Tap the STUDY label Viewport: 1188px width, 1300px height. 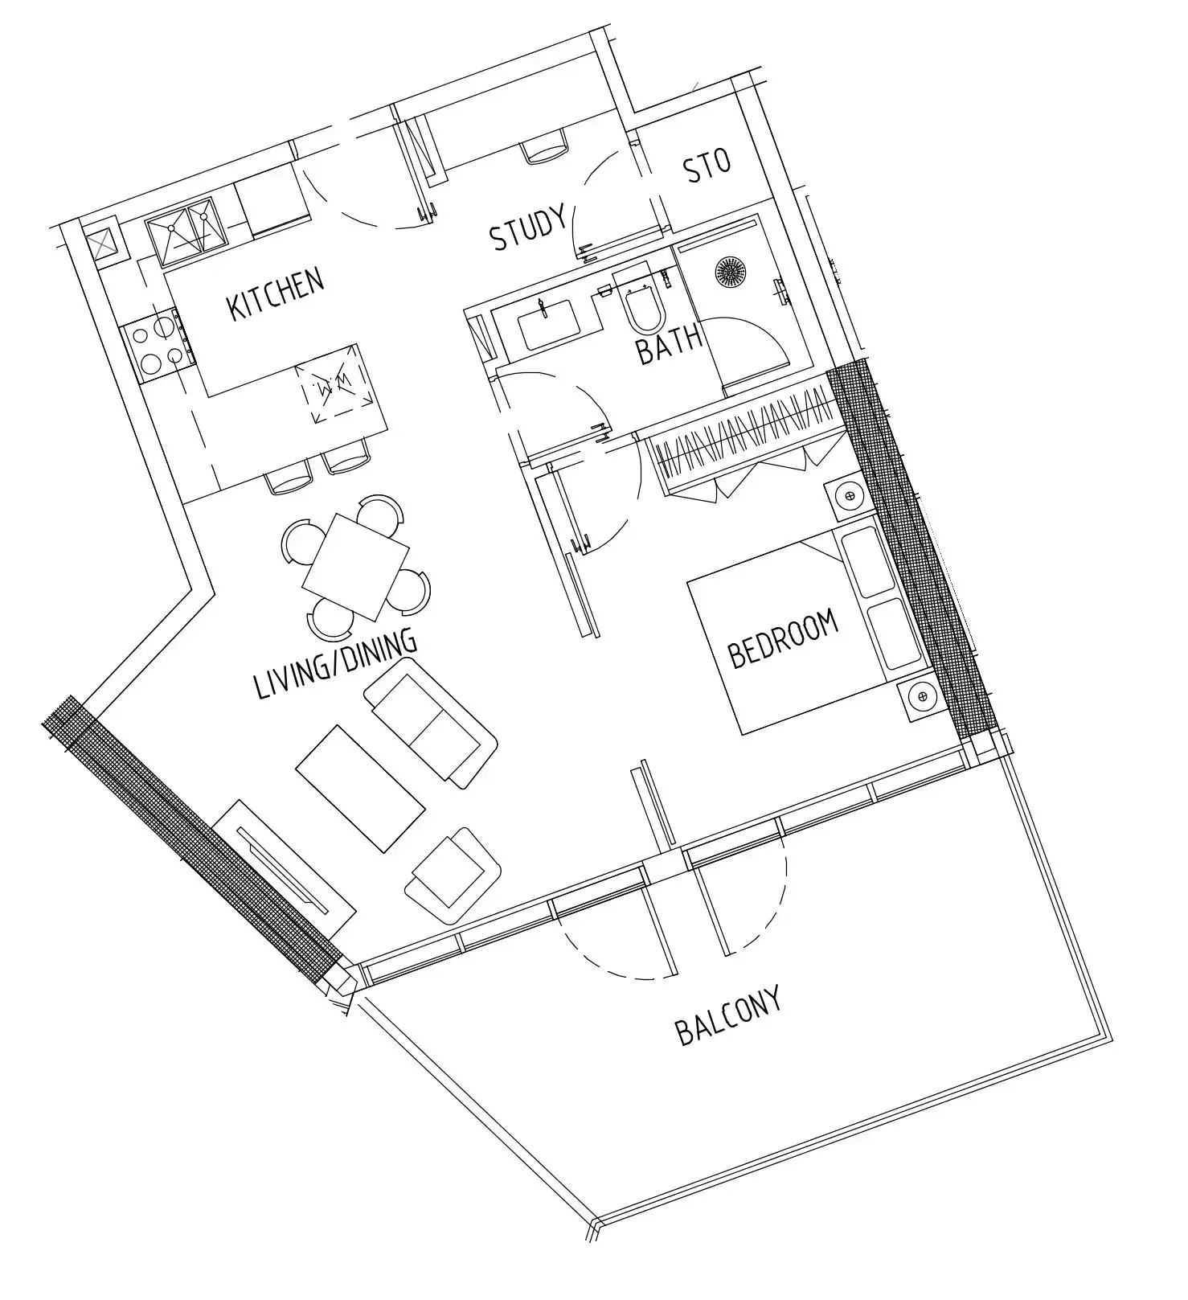pyautogui.click(x=528, y=228)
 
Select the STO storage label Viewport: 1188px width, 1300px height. pyautogui.click(x=707, y=165)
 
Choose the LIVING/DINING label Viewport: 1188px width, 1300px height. pyautogui.click(x=335, y=663)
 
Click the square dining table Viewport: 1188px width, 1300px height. pyautogui.click(x=356, y=567)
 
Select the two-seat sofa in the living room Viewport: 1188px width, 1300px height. pyautogui.click(x=431, y=723)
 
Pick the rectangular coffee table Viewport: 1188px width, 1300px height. pyautogui.click(x=360, y=788)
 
